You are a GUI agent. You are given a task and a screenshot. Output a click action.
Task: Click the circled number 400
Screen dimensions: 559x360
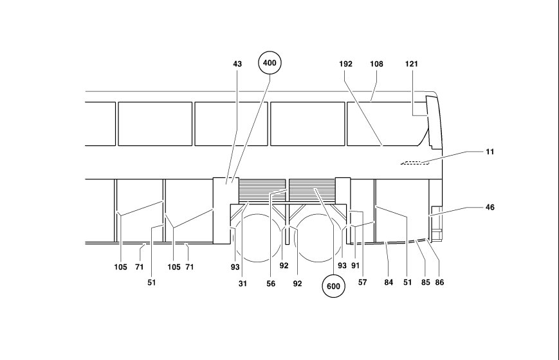click(x=270, y=63)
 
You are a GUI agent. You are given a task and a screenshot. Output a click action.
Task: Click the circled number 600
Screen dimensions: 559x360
click(x=333, y=286)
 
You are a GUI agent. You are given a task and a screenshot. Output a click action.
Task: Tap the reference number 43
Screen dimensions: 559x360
click(x=237, y=64)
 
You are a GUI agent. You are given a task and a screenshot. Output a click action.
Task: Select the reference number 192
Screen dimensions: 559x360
click(x=345, y=64)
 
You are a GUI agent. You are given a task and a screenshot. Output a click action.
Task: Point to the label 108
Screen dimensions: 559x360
click(x=376, y=64)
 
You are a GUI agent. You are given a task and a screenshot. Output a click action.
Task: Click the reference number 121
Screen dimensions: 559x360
click(x=412, y=64)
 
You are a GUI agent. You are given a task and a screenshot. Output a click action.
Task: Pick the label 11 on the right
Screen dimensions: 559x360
click(x=490, y=152)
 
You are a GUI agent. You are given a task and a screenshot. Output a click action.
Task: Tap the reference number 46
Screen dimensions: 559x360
click(x=490, y=207)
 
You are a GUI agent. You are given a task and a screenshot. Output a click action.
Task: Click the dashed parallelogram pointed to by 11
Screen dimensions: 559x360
click(x=415, y=163)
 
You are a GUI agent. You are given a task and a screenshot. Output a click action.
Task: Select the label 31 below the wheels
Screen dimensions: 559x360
click(x=243, y=283)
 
